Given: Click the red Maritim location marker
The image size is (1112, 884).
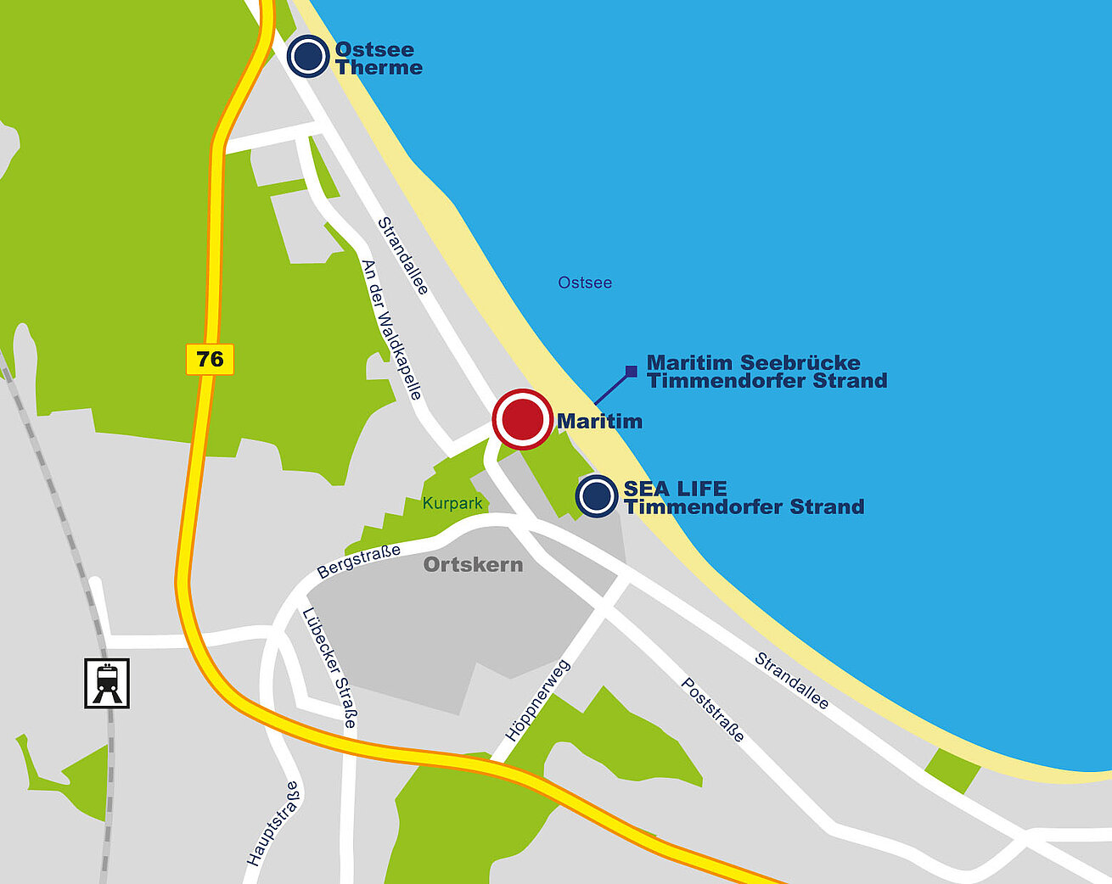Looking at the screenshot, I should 522,419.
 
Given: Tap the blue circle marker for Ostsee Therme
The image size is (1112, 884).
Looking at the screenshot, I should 307,57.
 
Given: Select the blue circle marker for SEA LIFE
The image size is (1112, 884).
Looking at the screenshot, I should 596,495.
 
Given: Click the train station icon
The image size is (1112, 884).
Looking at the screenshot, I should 107,683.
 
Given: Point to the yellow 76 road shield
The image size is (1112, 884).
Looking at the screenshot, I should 210,359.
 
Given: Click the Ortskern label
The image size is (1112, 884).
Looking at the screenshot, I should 473,565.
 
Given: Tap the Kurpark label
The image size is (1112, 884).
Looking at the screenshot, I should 452,503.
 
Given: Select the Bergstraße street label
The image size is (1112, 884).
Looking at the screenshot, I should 358,562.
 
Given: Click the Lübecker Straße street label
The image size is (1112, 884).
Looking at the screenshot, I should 329,668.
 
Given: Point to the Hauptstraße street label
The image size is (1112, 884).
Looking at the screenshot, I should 273,824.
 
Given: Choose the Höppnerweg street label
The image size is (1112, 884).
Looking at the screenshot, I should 537,701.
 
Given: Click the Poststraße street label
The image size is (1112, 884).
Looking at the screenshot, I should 713,710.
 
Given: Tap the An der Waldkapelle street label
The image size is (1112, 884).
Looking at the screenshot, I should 391,330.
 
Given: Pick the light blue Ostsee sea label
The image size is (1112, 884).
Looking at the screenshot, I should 585,283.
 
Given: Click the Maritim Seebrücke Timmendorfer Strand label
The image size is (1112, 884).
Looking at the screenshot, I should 767,372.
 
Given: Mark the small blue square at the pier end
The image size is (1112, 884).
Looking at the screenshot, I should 631,371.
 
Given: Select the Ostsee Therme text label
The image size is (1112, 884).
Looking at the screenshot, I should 378,59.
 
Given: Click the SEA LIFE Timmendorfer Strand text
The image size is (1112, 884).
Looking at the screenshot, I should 744,498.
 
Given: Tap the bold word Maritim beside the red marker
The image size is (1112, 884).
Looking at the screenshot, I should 599,421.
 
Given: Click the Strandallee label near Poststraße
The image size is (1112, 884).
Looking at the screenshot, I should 791,680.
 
